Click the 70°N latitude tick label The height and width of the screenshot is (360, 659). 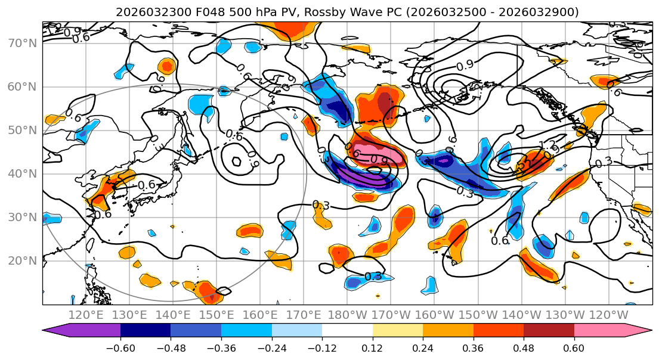(x=21, y=44)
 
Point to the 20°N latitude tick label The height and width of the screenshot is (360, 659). (x=21, y=261)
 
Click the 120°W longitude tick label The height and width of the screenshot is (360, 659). (x=608, y=315)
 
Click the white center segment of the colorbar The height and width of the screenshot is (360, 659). (x=347, y=331)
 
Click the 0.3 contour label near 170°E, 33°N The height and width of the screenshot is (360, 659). (x=321, y=206)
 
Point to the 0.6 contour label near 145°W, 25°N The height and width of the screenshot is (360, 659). (x=500, y=241)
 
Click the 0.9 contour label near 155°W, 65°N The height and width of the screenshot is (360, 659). (x=465, y=65)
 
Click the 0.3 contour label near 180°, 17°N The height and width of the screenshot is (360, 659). (x=373, y=276)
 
